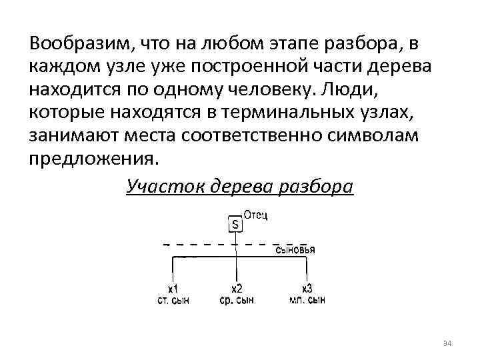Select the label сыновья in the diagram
(x=295, y=250)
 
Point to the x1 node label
(x=172, y=289)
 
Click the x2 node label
(x=237, y=289)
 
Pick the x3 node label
(x=307, y=289)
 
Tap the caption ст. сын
(x=173, y=300)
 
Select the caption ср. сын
(x=237, y=300)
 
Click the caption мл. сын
(x=307, y=300)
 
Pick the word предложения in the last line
(x=94, y=159)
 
